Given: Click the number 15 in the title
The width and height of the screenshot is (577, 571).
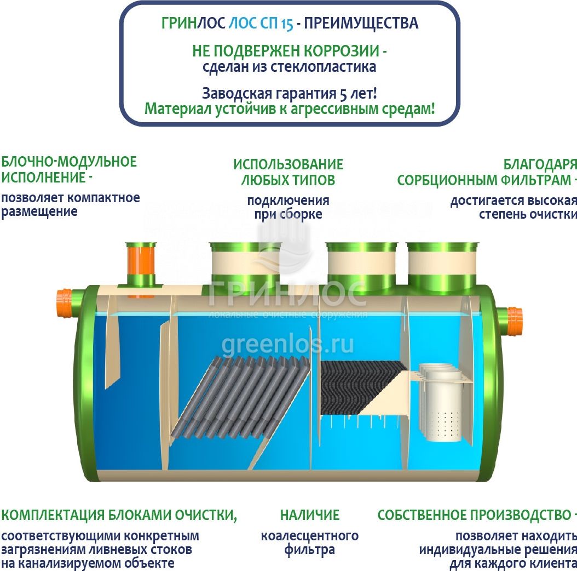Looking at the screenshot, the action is (x=287, y=24).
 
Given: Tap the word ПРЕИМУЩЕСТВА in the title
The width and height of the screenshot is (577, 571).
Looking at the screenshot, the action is (x=361, y=23).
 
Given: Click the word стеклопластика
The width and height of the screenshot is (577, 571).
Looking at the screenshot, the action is (x=324, y=67).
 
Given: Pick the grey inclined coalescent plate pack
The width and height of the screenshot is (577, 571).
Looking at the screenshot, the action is (x=241, y=396).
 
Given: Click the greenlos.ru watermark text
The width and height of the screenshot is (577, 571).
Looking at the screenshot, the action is (x=288, y=345).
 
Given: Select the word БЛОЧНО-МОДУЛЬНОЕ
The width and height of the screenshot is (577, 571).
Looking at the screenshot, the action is (x=69, y=162).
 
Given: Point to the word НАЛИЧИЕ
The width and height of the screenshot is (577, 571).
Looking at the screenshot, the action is (x=310, y=515).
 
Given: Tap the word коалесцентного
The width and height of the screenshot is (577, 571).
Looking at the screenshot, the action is (x=310, y=536).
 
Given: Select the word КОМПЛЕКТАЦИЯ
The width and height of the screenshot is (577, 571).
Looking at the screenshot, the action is (x=53, y=515).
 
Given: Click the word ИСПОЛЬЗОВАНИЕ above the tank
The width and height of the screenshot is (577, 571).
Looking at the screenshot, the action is (x=288, y=164).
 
